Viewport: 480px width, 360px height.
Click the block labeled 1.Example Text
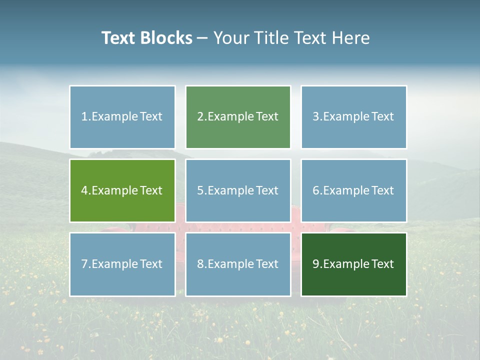[x=122, y=117]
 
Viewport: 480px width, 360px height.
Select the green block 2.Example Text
[x=238, y=117]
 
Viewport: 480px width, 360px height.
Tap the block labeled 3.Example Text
[x=353, y=117]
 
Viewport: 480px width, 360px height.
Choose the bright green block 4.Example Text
[x=122, y=190]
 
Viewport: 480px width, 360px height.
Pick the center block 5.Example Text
[x=238, y=190]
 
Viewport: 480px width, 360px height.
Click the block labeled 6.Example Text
[x=353, y=190]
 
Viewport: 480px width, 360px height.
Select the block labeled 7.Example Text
[x=122, y=264]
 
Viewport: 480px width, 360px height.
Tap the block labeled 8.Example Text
[x=238, y=264]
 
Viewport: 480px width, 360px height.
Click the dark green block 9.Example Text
[x=353, y=264]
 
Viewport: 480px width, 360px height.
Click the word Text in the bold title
[x=118, y=38]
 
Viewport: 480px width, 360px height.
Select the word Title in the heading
[x=269, y=38]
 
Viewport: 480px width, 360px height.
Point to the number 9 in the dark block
[x=316, y=264]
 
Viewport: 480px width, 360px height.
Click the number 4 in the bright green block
[x=84, y=190]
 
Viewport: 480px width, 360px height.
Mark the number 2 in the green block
[x=200, y=117]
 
